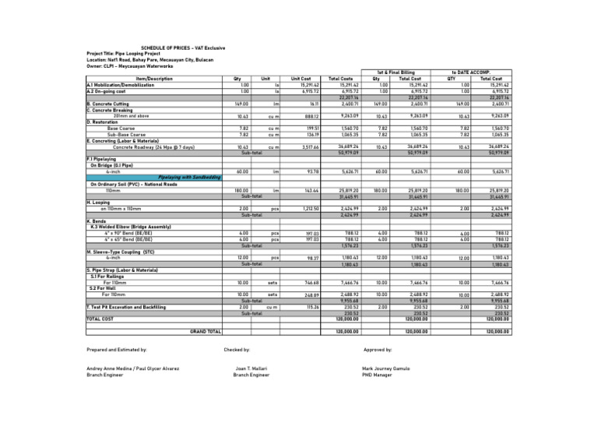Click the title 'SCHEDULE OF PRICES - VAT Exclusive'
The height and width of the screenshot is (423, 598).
tap(183, 48)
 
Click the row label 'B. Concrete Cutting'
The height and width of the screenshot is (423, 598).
tap(109, 102)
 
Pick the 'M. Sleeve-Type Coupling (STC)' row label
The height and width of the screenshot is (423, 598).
tap(125, 252)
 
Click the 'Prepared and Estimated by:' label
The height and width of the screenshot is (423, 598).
tap(117, 351)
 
